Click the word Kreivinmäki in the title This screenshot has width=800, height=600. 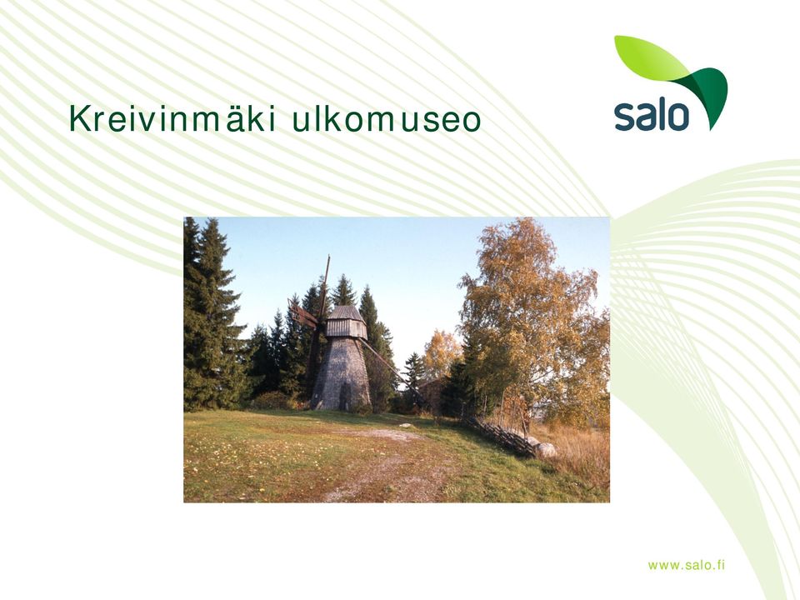pyautogui.click(x=172, y=119)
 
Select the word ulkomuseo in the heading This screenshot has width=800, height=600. pyautogui.click(x=387, y=119)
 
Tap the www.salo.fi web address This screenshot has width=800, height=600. pyautogui.click(x=686, y=565)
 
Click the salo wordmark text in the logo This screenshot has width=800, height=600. pyautogui.click(x=652, y=116)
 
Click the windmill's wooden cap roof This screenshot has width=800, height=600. pyautogui.click(x=345, y=312)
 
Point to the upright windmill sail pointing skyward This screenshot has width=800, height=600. pyautogui.click(x=325, y=286)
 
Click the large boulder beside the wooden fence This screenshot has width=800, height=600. pyautogui.click(x=545, y=450)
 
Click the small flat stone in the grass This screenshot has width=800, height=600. pyautogui.click(x=406, y=424)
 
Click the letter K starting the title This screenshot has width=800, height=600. pyautogui.click(x=78, y=119)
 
